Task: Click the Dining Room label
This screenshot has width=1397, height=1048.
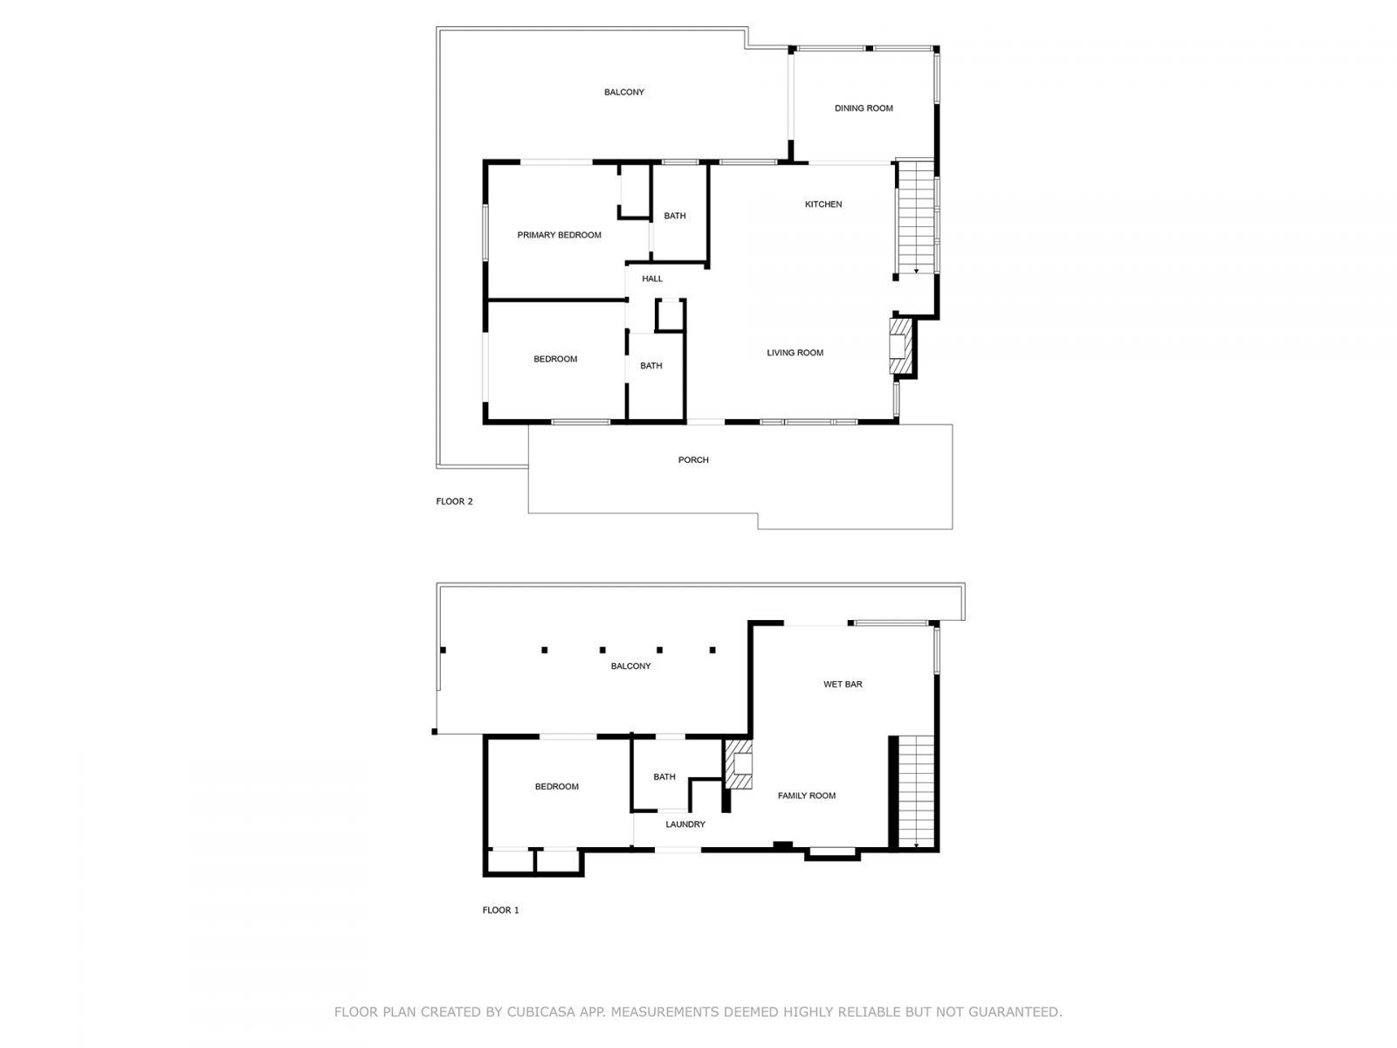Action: point(864,108)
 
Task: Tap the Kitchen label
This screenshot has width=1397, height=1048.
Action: point(823,204)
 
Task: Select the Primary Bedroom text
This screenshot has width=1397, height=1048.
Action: point(559,235)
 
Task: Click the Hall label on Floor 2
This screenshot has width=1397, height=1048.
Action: point(652,279)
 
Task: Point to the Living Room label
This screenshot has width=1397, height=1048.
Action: point(795,353)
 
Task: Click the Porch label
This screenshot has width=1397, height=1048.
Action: point(693,460)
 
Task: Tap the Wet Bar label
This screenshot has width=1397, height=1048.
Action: point(843,685)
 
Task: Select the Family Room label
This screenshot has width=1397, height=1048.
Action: point(807,796)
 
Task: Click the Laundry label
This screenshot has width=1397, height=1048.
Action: point(685,824)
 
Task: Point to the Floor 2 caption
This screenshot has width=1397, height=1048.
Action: point(454,501)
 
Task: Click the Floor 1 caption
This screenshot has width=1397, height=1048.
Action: point(500,910)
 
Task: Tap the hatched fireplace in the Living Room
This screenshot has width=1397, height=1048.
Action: point(899,347)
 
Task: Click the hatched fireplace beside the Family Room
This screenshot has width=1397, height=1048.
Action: point(739,766)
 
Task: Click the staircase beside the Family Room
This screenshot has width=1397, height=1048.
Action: point(917,790)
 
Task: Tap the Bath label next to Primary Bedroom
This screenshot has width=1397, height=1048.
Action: point(675,216)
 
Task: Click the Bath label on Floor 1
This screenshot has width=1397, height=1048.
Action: point(664,776)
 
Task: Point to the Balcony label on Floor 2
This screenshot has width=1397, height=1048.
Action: point(623,93)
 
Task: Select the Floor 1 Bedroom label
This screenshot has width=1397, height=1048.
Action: point(556,787)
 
